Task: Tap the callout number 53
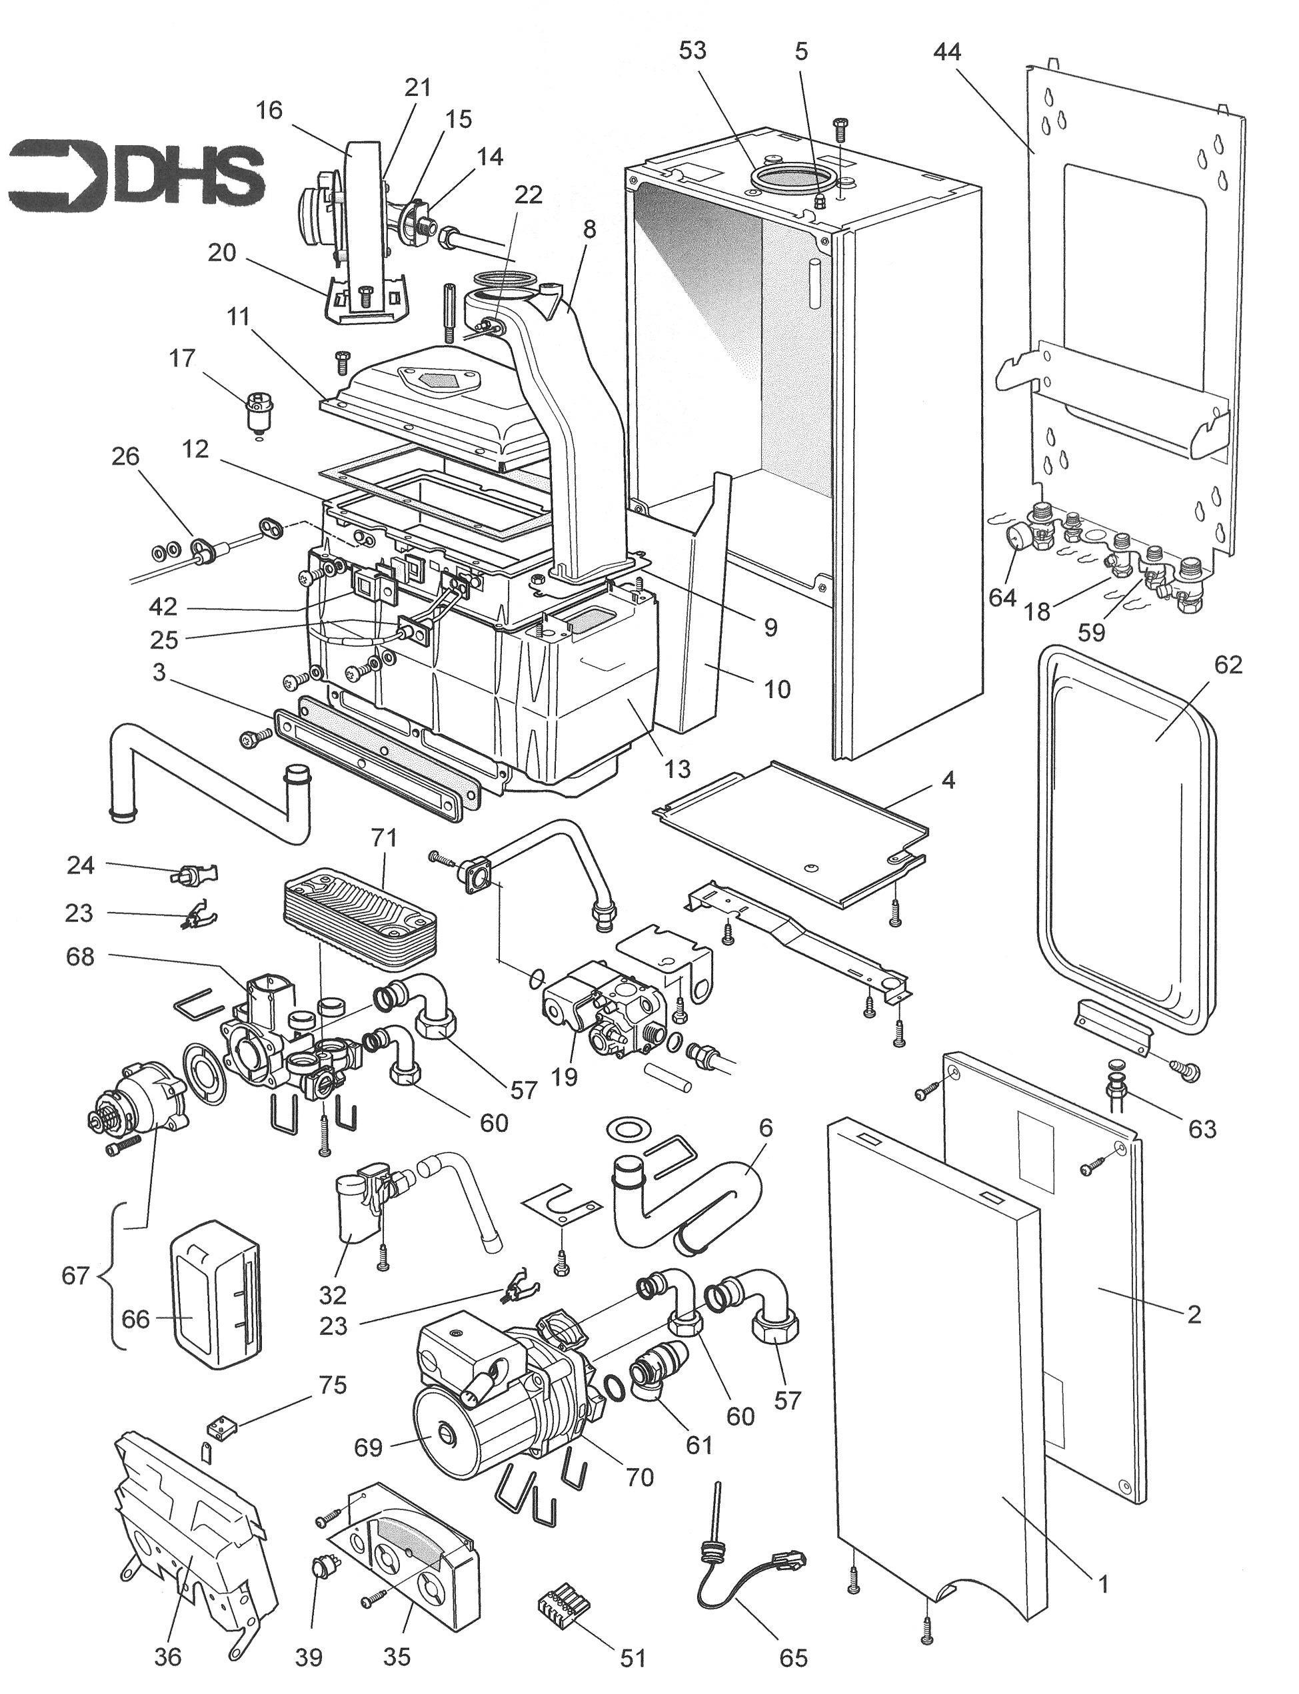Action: [x=692, y=51]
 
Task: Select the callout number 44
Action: [x=946, y=53]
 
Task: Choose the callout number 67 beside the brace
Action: [x=75, y=1275]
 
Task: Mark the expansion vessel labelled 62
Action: [x=1121, y=843]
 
